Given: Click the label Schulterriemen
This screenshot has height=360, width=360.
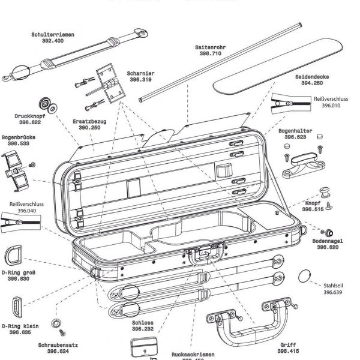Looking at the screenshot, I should [x=53, y=35].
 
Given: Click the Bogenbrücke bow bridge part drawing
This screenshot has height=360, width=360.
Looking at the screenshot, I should [x=17, y=166].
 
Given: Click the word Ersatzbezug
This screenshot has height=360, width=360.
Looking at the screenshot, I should [x=89, y=121].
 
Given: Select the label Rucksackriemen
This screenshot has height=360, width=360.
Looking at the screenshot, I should [x=192, y=355].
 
